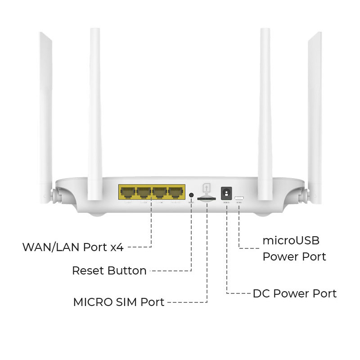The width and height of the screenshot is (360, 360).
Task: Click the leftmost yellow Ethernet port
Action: pyautogui.click(x=127, y=193)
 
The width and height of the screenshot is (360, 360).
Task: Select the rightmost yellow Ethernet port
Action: pyautogui.click(x=176, y=193)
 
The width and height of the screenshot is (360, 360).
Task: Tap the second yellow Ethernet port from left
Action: pyautogui.click(x=144, y=193)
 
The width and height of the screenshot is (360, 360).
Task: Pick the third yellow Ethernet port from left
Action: pyautogui.click(x=160, y=193)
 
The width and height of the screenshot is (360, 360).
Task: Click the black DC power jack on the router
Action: pyautogui.click(x=226, y=193)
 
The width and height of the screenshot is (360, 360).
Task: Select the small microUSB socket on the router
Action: pyautogui.click(x=239, y=198)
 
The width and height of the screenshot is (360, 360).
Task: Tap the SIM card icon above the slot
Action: pyautogui.click(x=207, y=187)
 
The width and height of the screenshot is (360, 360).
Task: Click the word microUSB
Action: pyautogui.click(x=291, y=240)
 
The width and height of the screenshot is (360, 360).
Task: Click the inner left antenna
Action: pyautogui.click(x=95, y=112)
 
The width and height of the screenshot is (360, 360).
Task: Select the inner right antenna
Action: pyautogui.click(x=265, y=112)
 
